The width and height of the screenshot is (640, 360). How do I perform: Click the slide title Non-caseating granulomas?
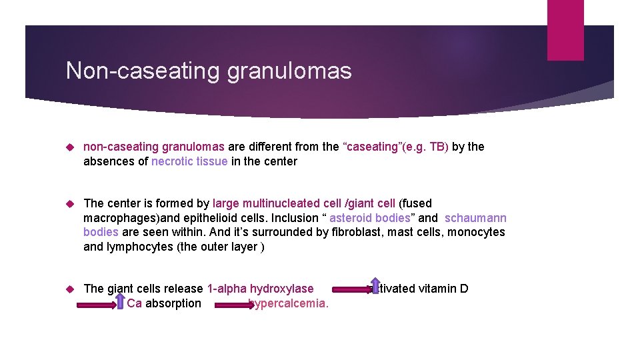coord(208,71)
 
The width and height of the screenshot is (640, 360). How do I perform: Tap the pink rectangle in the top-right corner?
coord(565,29)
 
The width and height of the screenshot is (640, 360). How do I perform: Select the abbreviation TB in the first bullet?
coord(439,147)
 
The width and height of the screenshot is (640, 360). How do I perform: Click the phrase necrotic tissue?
coord(189,161)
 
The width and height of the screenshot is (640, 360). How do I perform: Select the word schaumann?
coord(475,218)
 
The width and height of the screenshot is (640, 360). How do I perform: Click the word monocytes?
coord(476,233)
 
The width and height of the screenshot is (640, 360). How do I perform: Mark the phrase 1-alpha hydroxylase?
coord(260,289)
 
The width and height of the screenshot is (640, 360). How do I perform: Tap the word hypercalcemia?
coord(289,304)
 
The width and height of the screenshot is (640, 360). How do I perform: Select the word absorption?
coord(173,304)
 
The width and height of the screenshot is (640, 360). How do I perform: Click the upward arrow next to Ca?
coord(120,301)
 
